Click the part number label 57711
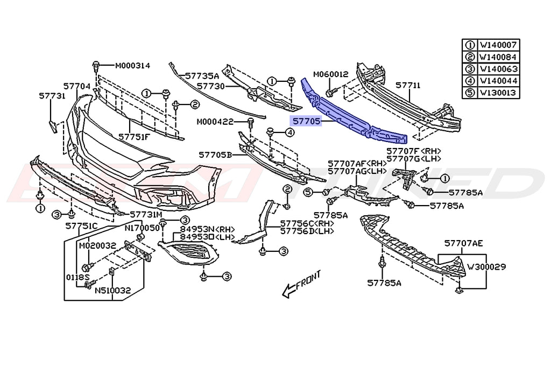pyautogui.click(x=408, y=85)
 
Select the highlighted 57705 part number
pyautogui.click(x=306, y=122)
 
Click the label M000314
pyautogui.click(x=132, y=66)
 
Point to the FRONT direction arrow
pyautogui.click(x=302, y=284)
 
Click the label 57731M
pyautogui.click(x=145, y=214)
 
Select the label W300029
pyautogui.click(x=486, y=266)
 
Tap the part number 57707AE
pyautogui.click(x=463, y=243)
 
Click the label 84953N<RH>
pyautogui.click(x=198, y=228)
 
